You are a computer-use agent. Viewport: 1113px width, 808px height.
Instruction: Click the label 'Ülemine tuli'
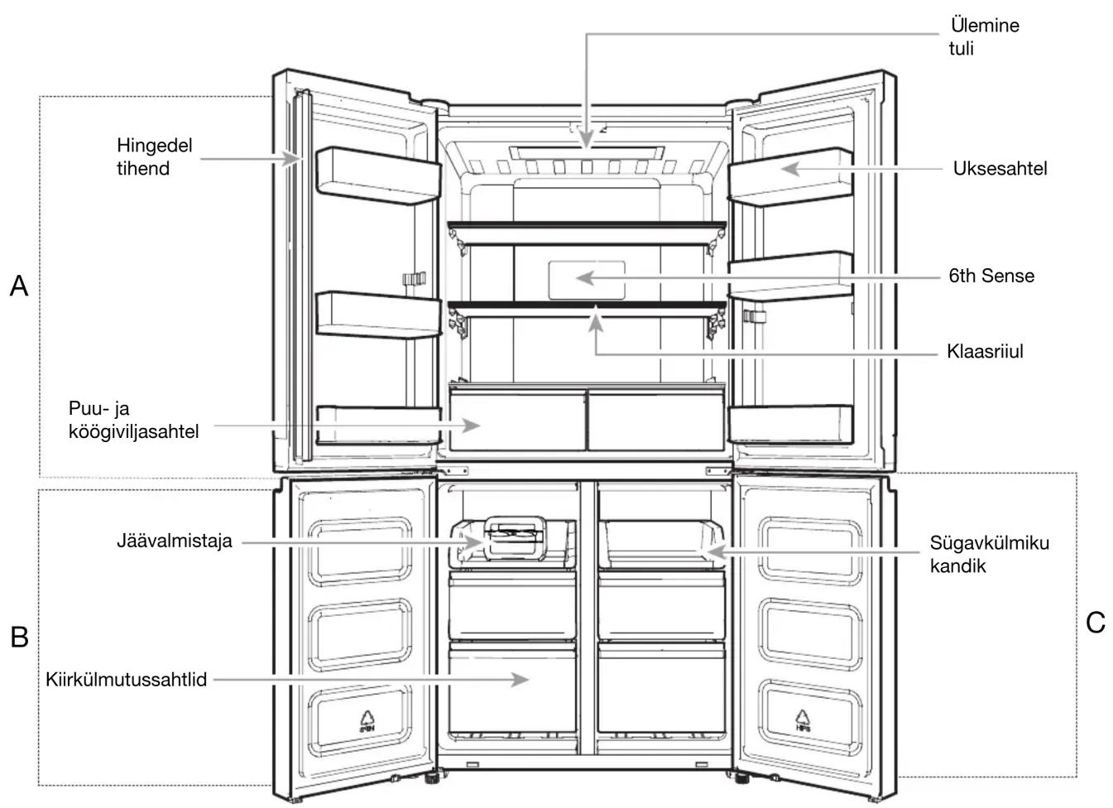click(x=984, y=36)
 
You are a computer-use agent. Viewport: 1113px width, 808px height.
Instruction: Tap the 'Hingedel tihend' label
click(x=155, y=156)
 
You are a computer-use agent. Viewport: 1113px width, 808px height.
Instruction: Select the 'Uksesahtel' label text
click(x=1000, y=169)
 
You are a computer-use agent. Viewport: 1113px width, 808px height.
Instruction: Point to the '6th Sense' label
click(x=991, y=276)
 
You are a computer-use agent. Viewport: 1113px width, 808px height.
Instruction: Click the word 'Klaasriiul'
click(x=985, y=352)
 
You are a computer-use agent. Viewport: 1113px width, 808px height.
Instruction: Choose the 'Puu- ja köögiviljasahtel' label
click(x=133, y=421)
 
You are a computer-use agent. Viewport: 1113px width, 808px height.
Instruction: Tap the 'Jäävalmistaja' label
click(x=175, y=541)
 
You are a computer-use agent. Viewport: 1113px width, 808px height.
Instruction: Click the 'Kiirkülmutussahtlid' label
click(x=127, y=680)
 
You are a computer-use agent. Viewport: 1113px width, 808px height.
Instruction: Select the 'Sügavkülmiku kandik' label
click(x=989, y=555)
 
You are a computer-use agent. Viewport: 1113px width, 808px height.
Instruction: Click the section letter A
click(x=19, y=286)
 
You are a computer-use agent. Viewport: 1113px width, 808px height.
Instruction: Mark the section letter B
click(x=19, y=637)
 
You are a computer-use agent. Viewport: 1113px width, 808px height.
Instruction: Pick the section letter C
click(x=1096, y=623)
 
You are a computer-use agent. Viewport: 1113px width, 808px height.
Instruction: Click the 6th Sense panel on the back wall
click(x=587, y=280)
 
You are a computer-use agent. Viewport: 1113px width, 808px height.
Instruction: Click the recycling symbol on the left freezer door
click(x=367, y=721)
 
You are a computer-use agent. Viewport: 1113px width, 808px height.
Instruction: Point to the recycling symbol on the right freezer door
click(x=803, y=720)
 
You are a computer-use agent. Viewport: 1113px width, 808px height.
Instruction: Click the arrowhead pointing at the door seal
click(x=292, y=159)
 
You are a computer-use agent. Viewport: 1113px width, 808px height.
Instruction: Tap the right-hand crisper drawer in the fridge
click(x=656, y=421)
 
